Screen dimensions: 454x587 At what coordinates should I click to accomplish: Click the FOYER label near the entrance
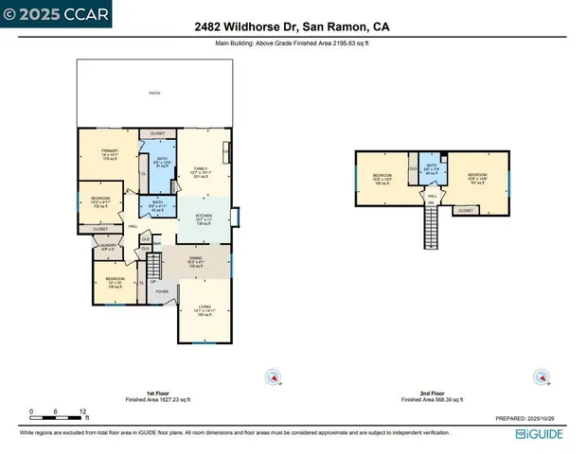pyautogui.click(x=162, y=291)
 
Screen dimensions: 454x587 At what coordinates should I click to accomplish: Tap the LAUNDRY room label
pyautogui.click(x=106, y=248)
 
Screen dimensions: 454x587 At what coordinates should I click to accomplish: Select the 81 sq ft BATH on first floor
pyautogui.click(x=162, y=161)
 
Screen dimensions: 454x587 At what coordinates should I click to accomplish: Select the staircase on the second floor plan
pyautogui.click(x=431, y=227)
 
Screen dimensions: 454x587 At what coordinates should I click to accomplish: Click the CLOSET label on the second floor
pyautogui.click(x=466, y=210)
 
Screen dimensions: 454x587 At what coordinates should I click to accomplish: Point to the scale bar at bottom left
pyautogui.click(x=59, y=412)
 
